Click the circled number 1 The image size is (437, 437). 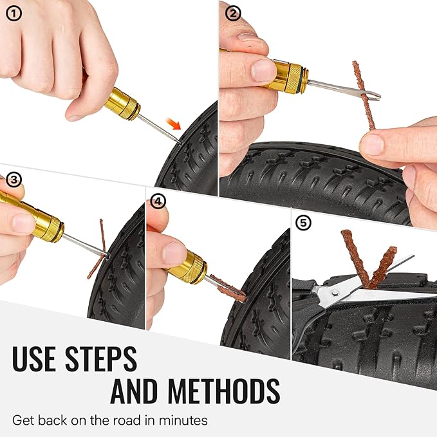pyautogui.click(x=14, y=14)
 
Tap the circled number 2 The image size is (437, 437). pyautogui.click(x=233, y=14)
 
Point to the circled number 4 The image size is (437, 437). pyautogui.click(x=158, y=201)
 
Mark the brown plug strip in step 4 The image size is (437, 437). pyautogui.click(x=228, y=288)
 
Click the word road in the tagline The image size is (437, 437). pyautogui.click(x=125, y=420)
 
